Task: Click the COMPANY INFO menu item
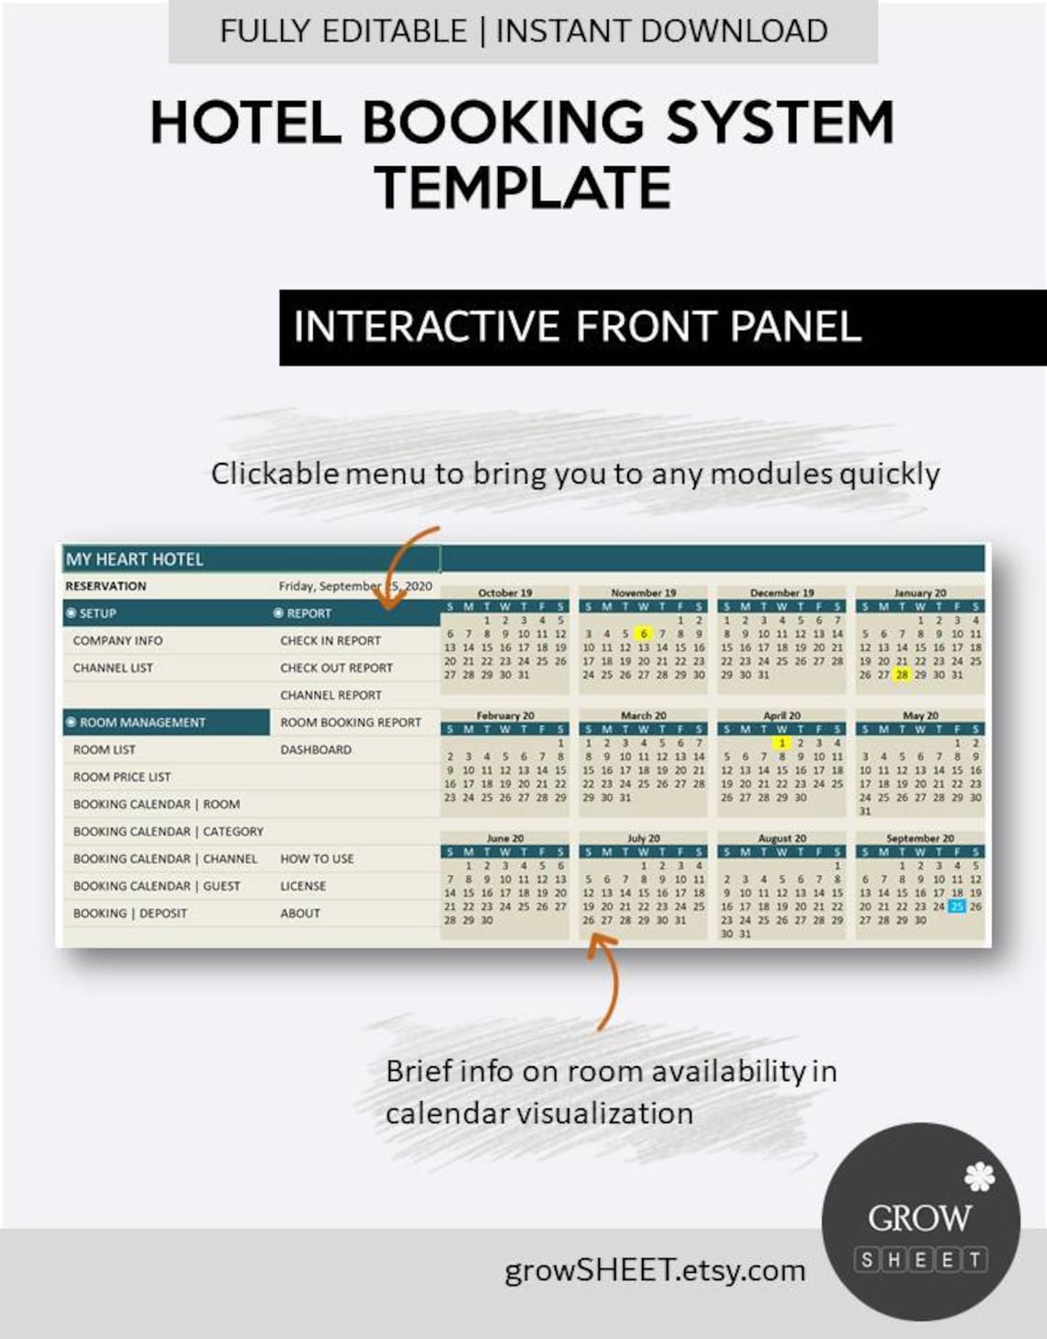point(118,640)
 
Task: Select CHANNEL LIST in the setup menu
point(113,668)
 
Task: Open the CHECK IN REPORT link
point(330,640)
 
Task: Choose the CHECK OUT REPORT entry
point(336,668)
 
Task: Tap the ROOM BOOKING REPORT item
point(350,722)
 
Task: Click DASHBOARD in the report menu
point(315,749)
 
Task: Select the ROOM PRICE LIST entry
point(121,777)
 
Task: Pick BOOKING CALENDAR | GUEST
point(156,886)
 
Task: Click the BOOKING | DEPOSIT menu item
point(129,913)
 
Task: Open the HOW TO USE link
point(316,859)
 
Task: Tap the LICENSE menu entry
point(302,886)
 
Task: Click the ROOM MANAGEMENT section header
point(141,723)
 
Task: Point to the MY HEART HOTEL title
point(134,559)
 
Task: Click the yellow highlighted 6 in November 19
point(644,634)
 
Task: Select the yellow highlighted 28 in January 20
point(902,675)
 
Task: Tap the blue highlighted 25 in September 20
point(957,906)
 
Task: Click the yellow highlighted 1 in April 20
point(782,743)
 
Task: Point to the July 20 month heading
point(643,838)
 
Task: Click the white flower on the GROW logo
point(979,1176)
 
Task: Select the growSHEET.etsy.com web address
point(654,1270)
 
